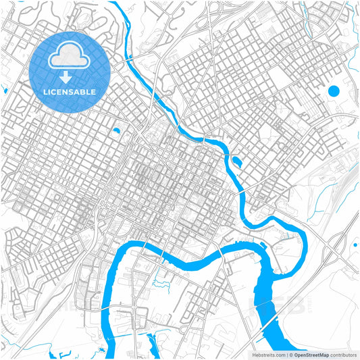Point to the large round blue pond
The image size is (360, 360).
(333, 91)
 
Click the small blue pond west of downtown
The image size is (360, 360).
(116, 130)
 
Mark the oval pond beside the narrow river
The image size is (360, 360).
(237, 161)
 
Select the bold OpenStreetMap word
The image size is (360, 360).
(311, 354)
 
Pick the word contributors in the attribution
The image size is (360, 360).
(343, 354)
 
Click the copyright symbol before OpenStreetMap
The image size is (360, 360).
(290, 354)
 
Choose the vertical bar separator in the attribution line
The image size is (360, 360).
(286, 354)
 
